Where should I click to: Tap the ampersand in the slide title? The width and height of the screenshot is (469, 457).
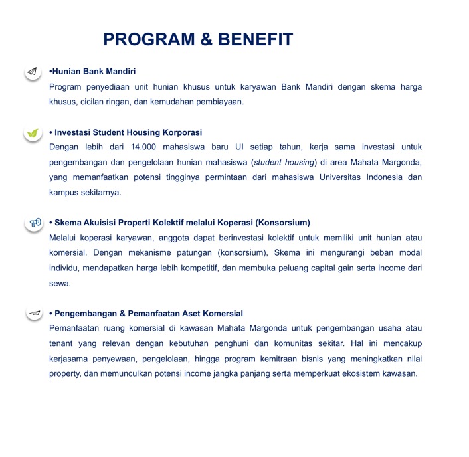pyautogui.click(x=207, y=40)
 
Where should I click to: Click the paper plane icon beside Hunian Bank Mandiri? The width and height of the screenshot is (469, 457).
pyautogui.click(x=33, y=72)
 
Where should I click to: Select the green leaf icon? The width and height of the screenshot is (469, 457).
pyautogui.click(x=33, y=133)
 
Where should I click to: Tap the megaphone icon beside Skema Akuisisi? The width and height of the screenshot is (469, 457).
pyautogui.click(x=35, y=223)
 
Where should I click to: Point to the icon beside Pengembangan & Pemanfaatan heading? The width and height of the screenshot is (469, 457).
pyautogui.click(x=35, y=313)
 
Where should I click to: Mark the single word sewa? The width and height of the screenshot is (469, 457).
pyautogui.click(x=59, y=283)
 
